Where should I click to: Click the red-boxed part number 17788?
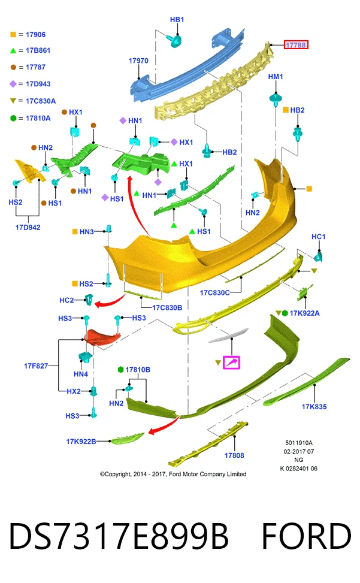296,45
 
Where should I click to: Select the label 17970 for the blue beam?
138,61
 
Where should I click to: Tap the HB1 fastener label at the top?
177,20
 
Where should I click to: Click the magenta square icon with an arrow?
231,362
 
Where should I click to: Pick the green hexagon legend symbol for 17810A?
13,118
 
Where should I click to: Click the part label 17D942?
28,227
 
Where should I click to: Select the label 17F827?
36,366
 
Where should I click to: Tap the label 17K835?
314,407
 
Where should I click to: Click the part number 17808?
234,455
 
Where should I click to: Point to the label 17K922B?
81,442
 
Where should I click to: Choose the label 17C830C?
214,292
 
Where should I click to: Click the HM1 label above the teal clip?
276,77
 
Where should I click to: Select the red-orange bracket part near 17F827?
101,337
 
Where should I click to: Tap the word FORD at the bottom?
307,536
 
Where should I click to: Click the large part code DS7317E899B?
119,536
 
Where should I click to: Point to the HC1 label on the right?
319,237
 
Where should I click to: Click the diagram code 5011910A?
299,443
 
